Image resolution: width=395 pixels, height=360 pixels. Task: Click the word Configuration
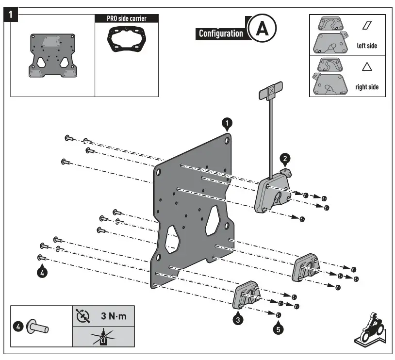tap(221, 33)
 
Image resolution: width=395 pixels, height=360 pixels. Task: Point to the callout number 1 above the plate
tap(228, 123)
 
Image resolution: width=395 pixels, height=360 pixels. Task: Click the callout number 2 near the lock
tap(286, 158)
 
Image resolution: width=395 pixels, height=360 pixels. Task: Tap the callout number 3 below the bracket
tap(238, 319)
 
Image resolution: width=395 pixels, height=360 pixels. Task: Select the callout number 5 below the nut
tap(278, 329)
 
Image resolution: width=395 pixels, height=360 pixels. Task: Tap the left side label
tap(366, 46)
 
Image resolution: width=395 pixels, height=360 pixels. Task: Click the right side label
tap(366, 87)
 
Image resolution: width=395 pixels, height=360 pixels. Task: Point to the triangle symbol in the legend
tap(366, 66)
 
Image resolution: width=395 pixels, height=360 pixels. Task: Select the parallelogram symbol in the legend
tap(366, 24)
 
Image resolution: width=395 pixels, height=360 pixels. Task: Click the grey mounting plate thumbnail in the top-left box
tap(52, 55)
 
